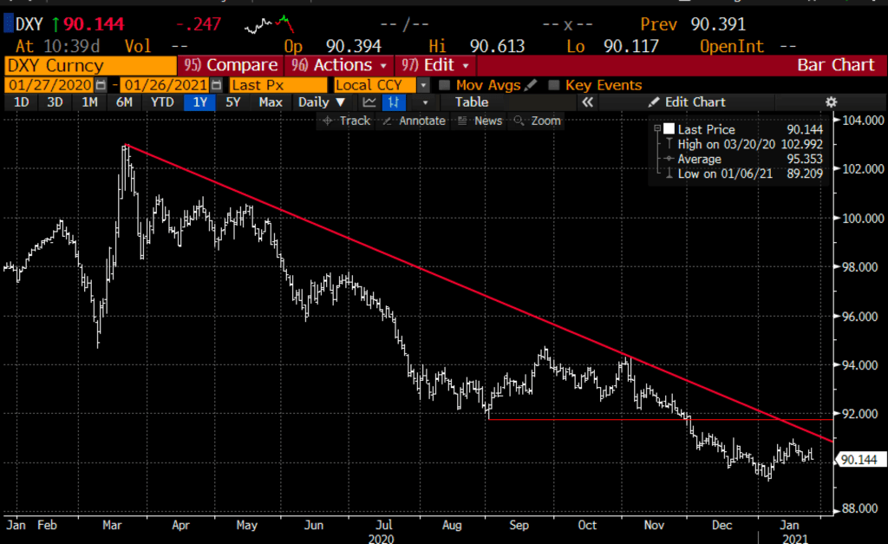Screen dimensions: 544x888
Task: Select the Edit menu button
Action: point(437,65)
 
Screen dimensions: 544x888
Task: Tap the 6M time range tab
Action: point(125,102)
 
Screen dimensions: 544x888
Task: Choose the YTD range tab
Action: point(161,102)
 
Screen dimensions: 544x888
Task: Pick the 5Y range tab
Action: point(233,102)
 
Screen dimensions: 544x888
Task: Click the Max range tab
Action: point(270,102)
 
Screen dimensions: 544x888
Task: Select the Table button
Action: point(472,102)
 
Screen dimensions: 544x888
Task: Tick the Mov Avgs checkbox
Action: point(445,85)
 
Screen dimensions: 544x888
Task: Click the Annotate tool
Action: point(415,121)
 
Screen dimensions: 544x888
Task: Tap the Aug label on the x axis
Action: point(450,525)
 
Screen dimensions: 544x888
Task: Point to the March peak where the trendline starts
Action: point(127,145)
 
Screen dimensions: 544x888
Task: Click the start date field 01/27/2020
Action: point(49,85)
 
